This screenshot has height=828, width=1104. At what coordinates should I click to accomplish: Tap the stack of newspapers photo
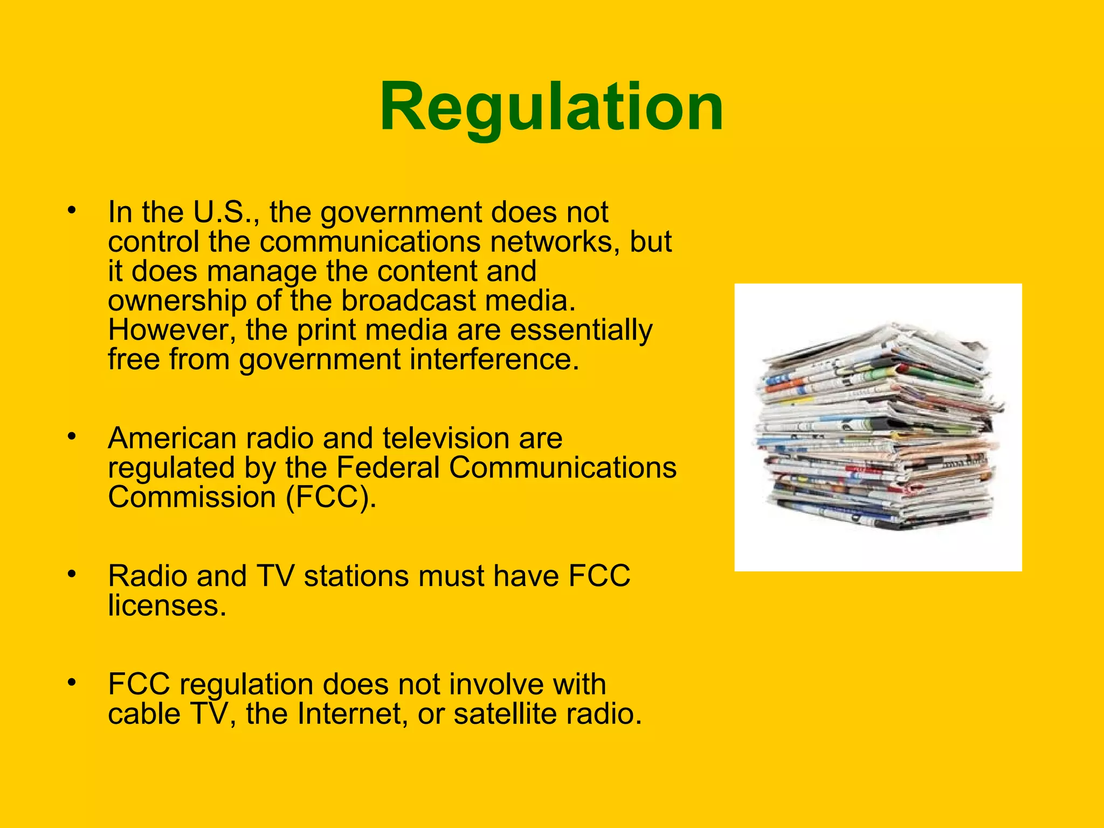point(878,426)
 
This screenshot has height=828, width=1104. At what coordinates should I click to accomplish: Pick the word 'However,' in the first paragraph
point(172,330)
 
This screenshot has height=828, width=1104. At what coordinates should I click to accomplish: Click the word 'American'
point(172,438)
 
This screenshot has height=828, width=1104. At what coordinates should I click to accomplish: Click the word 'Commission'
point(192,497)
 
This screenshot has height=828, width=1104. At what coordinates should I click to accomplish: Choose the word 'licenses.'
point(167,606)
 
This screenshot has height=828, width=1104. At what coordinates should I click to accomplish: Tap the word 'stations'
point(355,576)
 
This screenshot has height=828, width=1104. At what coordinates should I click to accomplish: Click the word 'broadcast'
point(409,301)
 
